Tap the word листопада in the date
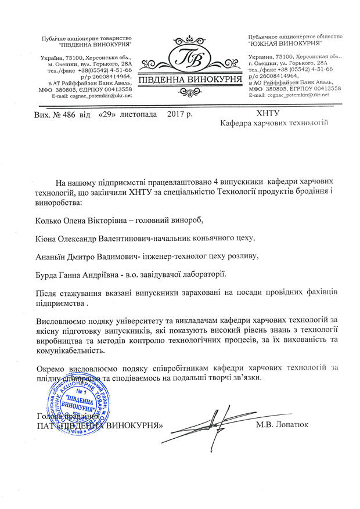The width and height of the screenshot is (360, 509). point(139,115)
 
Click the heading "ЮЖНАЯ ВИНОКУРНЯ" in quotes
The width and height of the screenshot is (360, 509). point(285,44)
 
